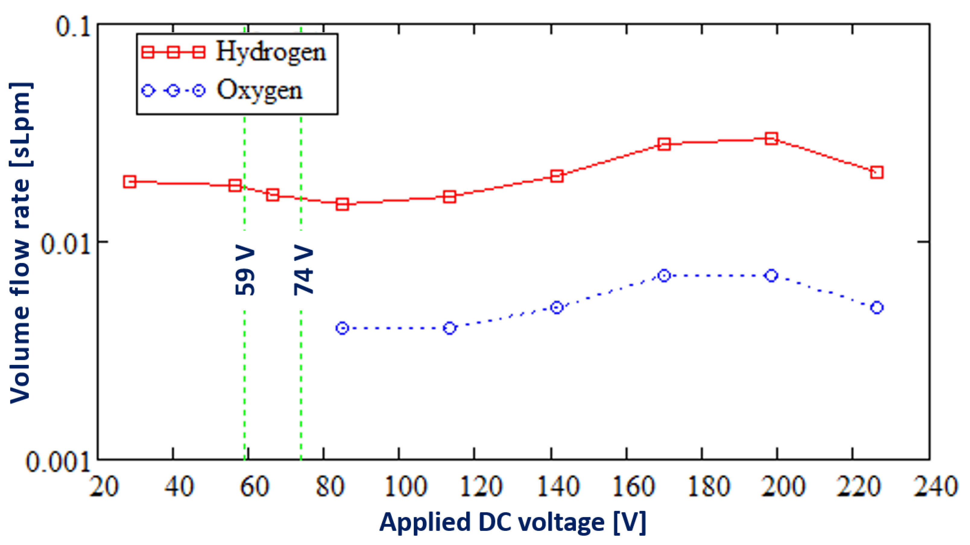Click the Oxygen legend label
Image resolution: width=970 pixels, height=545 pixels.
point(259,91)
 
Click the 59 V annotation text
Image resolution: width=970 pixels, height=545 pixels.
point(245,271)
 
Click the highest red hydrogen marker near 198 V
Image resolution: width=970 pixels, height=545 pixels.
point(771,139)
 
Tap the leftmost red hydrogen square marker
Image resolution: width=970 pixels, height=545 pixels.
point(130,182)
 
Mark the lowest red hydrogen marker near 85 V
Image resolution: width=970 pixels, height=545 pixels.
point(342,204)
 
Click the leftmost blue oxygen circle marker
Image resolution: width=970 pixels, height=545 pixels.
point(342,328)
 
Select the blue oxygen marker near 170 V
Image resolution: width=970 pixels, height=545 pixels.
point(664,275)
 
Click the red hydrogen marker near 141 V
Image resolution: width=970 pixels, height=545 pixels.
point(557,176)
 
